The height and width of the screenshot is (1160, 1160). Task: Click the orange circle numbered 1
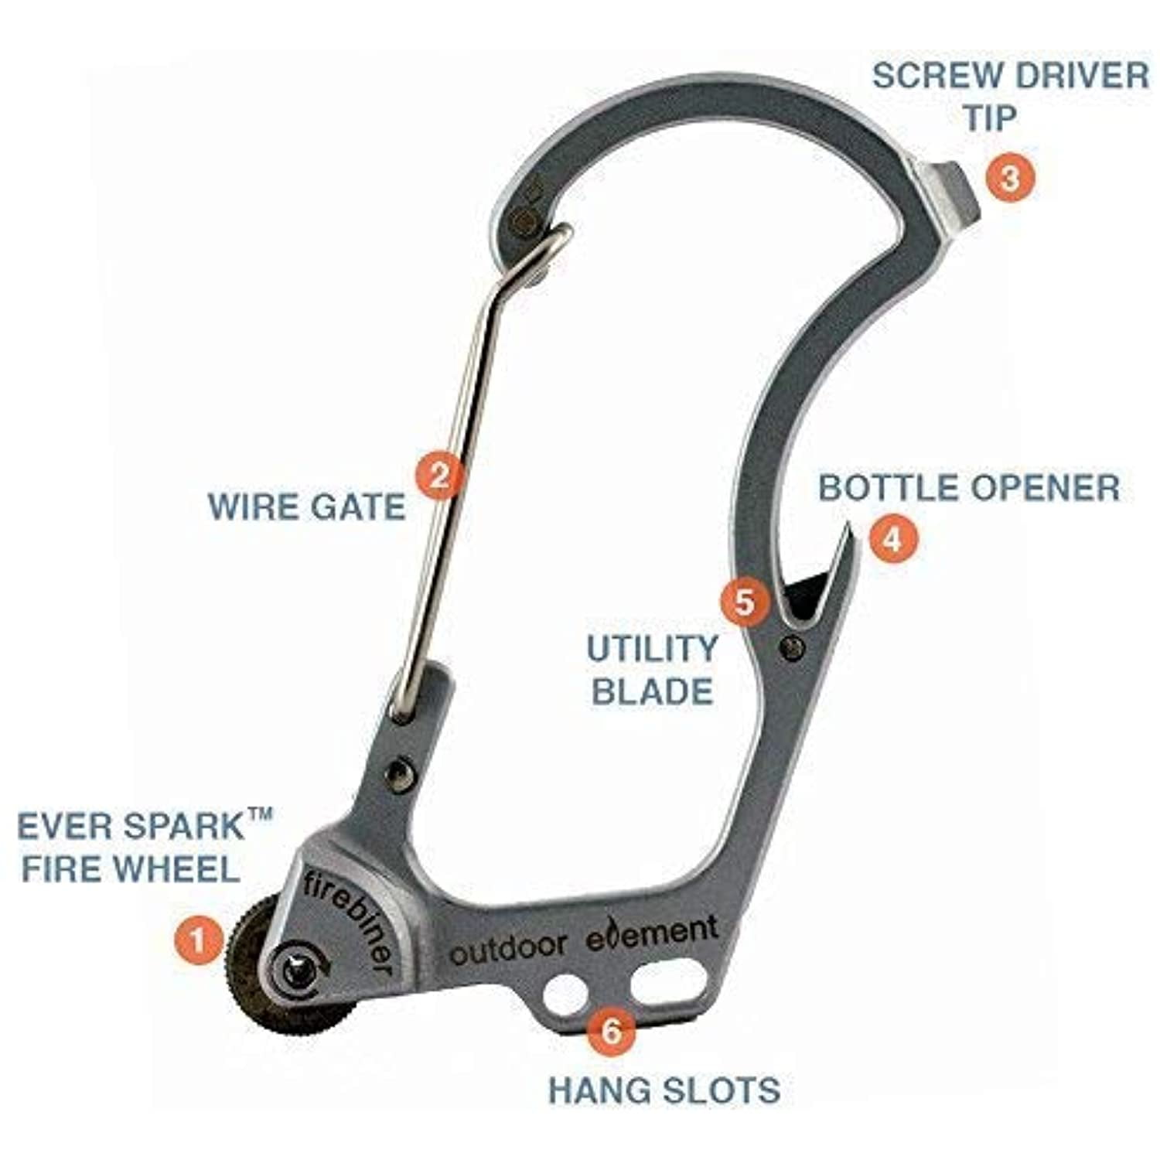click(199, 940)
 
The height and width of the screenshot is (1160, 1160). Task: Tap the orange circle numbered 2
click(439, 476)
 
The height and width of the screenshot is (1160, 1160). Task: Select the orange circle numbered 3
click(1009, 178)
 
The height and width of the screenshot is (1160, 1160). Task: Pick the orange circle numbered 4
click(892, 538)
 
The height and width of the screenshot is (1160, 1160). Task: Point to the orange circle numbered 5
click(744, 602)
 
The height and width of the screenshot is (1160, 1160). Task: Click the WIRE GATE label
click(307, 507)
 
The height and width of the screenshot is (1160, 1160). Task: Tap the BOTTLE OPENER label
click(969, 488)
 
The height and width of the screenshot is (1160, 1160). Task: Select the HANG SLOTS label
click(664, 1090)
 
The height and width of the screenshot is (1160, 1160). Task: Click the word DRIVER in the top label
click(1075, 76)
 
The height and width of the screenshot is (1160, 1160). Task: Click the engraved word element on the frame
click(652, 933)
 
